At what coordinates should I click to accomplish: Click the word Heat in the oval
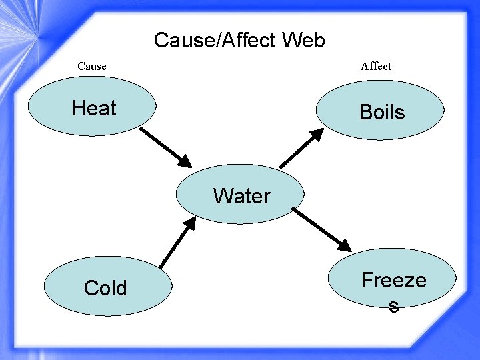tap(94, 108)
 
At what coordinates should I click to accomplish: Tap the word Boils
tap(382, 112)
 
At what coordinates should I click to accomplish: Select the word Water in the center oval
tap(241, 196)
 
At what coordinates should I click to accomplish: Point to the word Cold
tap(105, 288)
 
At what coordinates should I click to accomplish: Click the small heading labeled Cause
tap(92, 66)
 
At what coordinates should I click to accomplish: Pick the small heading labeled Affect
tap(376, 66)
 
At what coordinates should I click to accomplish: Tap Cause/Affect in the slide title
tap(215, 41)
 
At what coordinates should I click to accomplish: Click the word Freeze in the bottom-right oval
tap(393, 280)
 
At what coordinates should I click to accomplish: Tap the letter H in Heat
tap(79, 108)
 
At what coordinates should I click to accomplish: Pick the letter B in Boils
tap(365, 112)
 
